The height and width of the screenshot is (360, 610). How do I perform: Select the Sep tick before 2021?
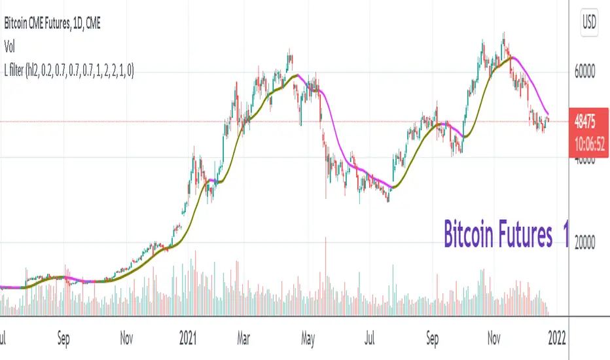click(63, 340)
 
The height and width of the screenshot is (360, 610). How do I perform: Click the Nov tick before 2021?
click(127, 340)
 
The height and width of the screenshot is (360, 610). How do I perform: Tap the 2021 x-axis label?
click(188, 340)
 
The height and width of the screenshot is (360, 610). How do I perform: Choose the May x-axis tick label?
click(308, 340)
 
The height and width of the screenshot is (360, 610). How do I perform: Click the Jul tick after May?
click(370, 340)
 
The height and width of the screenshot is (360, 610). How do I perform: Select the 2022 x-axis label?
click(558, 340)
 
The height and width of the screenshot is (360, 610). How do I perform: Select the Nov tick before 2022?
click(495, 340)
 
